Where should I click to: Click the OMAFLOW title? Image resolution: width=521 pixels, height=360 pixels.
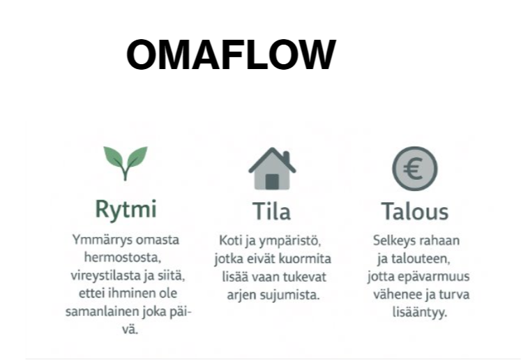pyautogui.click(x=232, y=54)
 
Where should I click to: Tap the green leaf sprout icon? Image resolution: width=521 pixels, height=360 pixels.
pyautogui.click(x=126, y=163)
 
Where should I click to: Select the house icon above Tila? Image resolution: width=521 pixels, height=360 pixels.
pyautogui.click(x=272, y=169)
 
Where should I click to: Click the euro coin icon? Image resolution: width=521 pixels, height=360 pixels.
pyautogui.click(x=415, y=169)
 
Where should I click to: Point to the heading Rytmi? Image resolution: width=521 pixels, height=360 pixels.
pyautogui.click(x=126, y=209)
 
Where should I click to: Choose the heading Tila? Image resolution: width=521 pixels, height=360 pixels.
pyautogui.click(x=272, y=211)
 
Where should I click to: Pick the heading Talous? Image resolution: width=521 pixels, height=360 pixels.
pyautogui.click(x=415, y=211)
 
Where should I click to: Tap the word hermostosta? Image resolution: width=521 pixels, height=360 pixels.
pyautogui.click(x=123, y=257)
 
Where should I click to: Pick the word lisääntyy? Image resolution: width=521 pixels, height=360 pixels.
pyautogui.click(x=420, y=313)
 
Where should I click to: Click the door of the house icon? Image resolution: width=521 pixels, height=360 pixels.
pyautogui.click(x=272, y=181)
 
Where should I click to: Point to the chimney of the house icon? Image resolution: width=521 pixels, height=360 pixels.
pyautogui.click(x=287, y=156)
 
